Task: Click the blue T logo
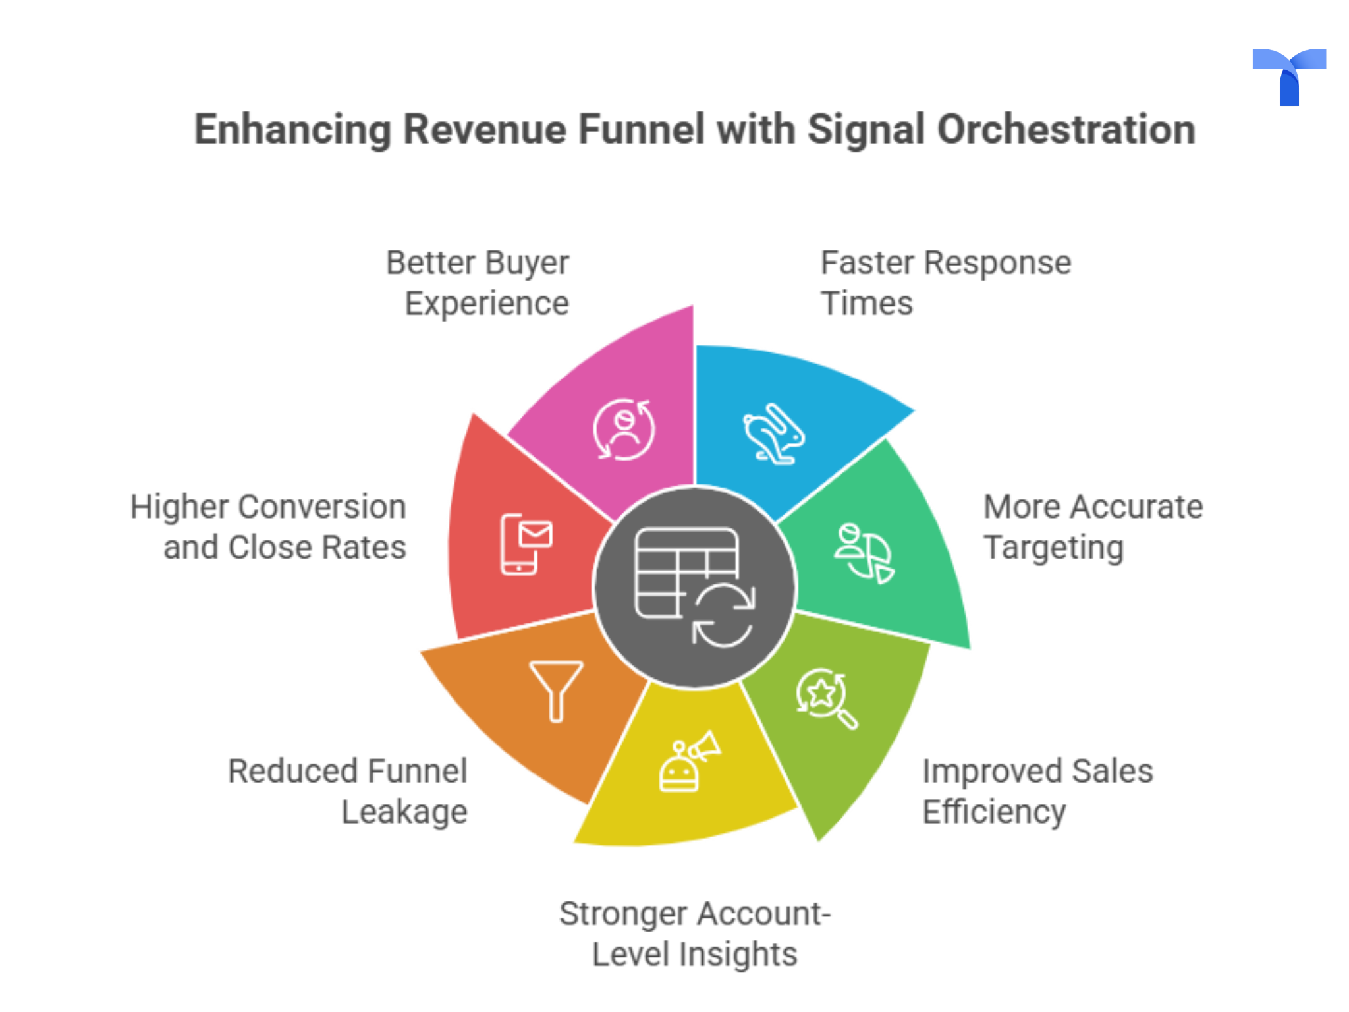pyautogui.click(x=1288, y=75)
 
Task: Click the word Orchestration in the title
pyautogui.click(x=1066, y=129)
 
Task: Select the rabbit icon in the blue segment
pyautogui.click(x=774, y=434)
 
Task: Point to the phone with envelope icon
pyautogui.click(x=526, y=544)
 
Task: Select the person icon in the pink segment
pyautogui.click(x=624, y=430)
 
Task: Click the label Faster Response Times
pyautogui.click(x=945, y=283)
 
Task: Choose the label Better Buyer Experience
pyautogui.click(x=478, y=283)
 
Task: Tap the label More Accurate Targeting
pyautogui.click(x=1092, y=527)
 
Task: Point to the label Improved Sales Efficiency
pyautogui.click(x=1037, y=791)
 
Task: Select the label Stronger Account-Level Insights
pyautogui.click(x=695, y=934)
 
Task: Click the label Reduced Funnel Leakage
pyautogui.click(x=348, y=791)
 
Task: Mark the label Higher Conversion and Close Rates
pyautogui.click(x=269, y=527)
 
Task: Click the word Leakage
pyautogui.click(x=404, y=812)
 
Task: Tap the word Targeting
pyautogui.click(x=1053, y=548)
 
